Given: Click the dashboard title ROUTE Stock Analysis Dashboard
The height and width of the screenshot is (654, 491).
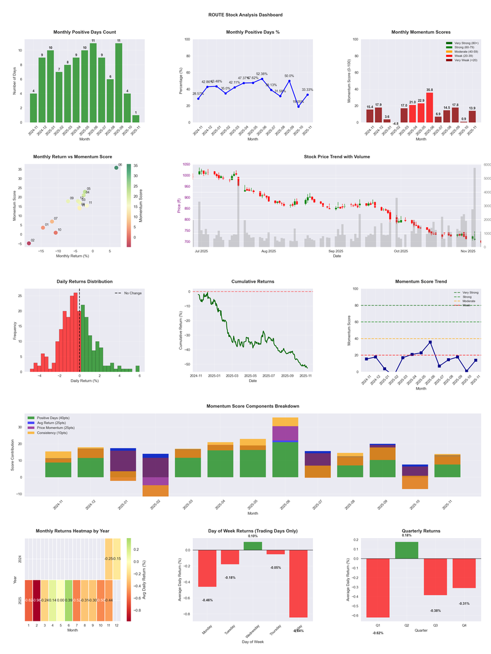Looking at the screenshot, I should click(x=245, y=14).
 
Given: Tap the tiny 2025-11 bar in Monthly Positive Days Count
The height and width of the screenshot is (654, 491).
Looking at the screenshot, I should click(x=136, y=118).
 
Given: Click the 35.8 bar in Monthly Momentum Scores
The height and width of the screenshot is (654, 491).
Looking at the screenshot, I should click(x=429, y=107).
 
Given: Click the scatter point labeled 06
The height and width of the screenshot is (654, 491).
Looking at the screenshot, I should click(x=116, y=167).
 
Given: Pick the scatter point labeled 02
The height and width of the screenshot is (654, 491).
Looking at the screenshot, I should click(x=28, y=244).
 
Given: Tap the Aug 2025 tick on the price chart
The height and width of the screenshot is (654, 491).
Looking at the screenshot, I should click(x=268, y=252).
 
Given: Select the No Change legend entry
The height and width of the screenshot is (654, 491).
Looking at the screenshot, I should click(x=129, y=293).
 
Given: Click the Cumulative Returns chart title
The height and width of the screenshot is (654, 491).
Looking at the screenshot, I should click(x=252, y=281).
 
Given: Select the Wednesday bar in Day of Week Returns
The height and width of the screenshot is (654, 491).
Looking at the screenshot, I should click(x=253, y=546).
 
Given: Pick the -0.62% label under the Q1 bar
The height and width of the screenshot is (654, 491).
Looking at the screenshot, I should click(x=377, y=633).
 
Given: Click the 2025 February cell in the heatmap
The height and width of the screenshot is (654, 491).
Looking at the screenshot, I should click(x=36, y=599).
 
